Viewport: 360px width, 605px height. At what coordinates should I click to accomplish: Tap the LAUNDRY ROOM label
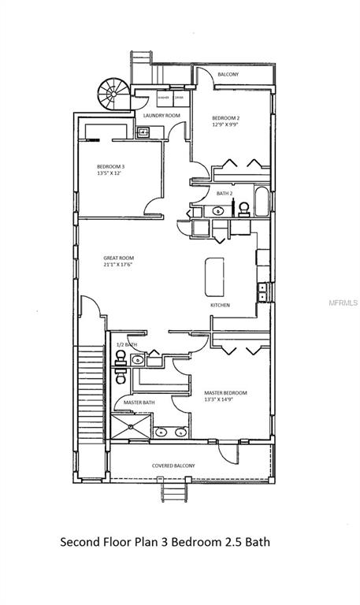(x=161, y=116)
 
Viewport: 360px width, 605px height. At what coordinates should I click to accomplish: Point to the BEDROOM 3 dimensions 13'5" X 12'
(x=111, y=173)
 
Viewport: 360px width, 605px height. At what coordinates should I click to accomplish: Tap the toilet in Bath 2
(x=243, y=208)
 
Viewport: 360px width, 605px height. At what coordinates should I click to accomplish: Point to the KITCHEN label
(x=220, y=304)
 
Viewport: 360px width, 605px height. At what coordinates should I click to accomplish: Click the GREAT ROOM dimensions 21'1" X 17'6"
(x=119, y=265)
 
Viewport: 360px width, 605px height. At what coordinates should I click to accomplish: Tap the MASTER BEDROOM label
(x=225, y=392)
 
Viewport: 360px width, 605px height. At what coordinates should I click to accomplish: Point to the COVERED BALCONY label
(x=173, y=466)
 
